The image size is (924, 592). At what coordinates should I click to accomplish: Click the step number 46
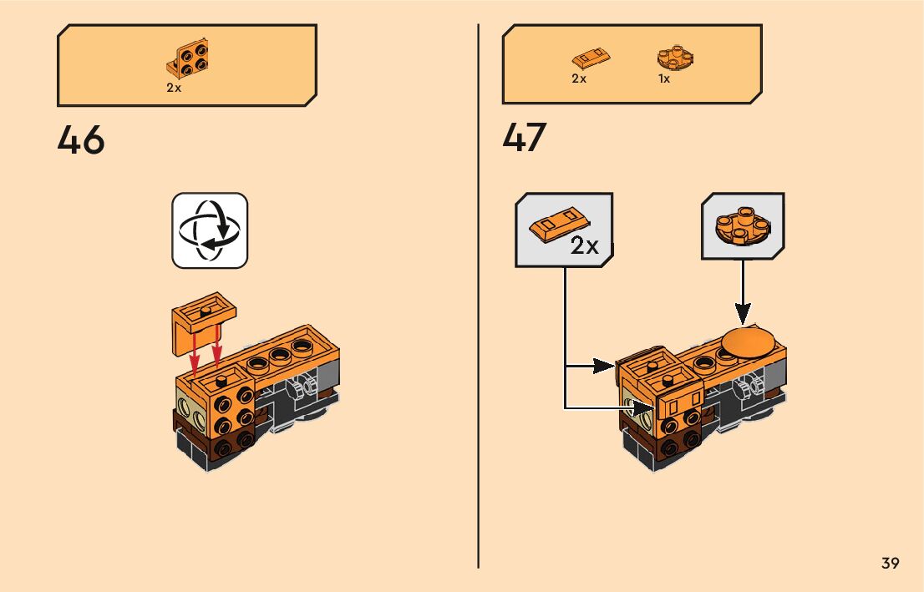pyautogui.click(x=81, y=140)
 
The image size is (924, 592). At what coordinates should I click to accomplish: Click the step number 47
pyautogui.click(x=525, y=139)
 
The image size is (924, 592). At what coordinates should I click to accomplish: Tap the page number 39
pyautogui.click(x=890, y=563)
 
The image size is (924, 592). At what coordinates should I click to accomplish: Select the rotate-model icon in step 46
pyautogui.click(x=210, y=230)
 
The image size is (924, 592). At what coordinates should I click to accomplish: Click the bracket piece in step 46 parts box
pyautogui.click(x=188, y=58)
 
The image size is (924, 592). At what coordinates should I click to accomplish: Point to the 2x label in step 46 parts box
pyautogui.click(x=174, y=88)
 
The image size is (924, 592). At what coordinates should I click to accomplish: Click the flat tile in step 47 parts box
pyautogui.click(x=591, y=59)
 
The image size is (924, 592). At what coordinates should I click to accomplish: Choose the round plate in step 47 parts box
pyautogui.click(x=676, y=57)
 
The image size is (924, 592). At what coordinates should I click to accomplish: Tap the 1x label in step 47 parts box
pyautogui.click(x=664, y=78)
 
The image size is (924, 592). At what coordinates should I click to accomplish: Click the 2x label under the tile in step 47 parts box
pyautogui.click(x=579, y=78)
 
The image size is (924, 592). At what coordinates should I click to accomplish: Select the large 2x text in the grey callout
pyautogui.click(x=585, y=245)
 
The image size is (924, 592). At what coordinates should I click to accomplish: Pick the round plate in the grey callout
pyautogui.click(x=742, y=224)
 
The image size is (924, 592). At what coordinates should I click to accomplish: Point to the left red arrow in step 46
pyautogui.click(x=195, y=355)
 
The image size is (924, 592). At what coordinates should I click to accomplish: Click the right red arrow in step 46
pyautogui.click(x=216, y=351)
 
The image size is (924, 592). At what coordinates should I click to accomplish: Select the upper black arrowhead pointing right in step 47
pyautogui.click(x=606, y=366)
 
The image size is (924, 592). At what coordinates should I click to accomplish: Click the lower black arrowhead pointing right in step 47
pyautogui.click(x=643, y=407)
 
